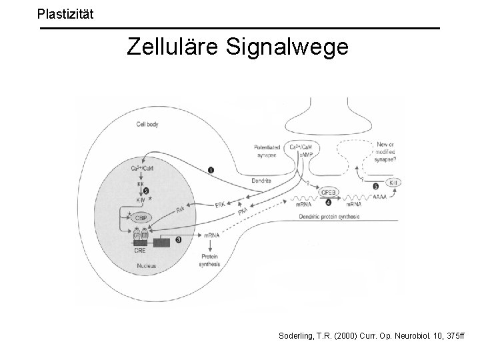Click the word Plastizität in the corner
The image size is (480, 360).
pyautogui.click(x=66, y=13)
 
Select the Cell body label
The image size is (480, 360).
pyautogui.click(x=147, y=124)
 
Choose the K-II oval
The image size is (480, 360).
pyautogui.click(x=393, y=182)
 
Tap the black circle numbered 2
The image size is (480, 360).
pyautogui.click(x=155, y=190)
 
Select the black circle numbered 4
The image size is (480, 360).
pyautogui.click(x=291, y=202)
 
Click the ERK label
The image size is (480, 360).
pyautogui.click(x=221, y=205)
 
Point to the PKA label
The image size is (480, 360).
pyautogui.click(x=244, y=211)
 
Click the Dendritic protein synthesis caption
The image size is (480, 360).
pyautogui.click(x=330, y=217)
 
